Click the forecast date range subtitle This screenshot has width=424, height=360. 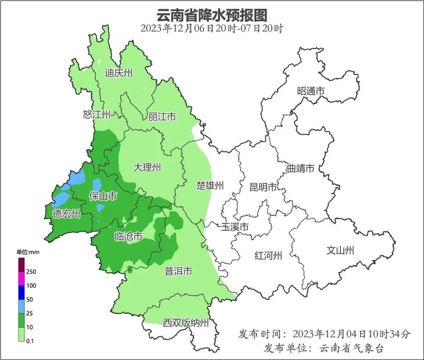click(x=212, y=28)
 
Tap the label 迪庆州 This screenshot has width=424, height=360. click(x=118, y=73)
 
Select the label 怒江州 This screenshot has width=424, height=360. click(x=97, y=114)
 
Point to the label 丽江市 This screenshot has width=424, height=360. click(x=162, y=117)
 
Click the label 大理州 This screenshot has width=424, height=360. click(x=147, y=168)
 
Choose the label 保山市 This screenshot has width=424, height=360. click(x=103, y=196)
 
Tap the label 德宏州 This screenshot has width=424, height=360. click(x=66, y=214)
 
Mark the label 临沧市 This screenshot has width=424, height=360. click(x=128, y=236)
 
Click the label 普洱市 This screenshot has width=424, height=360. click(x=178, y=272)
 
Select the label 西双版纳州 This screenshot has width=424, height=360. click(x=186, y=323)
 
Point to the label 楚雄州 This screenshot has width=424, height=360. click(x=210, y=186)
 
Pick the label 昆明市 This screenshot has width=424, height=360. click(x=263, y=187)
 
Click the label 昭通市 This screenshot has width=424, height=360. click(x=311, y=91)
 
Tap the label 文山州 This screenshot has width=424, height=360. click(x=340, y=251)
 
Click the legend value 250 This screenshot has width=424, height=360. click(x=31, y=272)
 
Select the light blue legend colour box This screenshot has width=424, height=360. click(x=21, y=306)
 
